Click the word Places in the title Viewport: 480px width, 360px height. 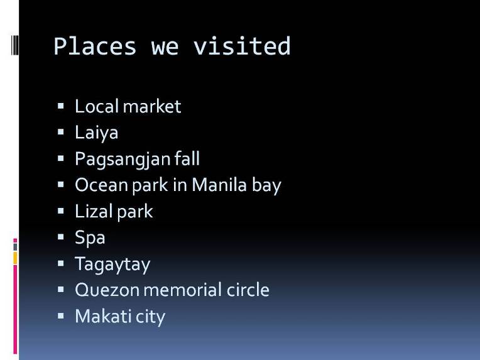pos(95,46)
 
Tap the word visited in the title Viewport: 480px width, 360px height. pos(241,46)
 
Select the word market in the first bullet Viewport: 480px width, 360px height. pos(152,106)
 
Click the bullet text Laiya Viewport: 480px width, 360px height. pos(96,133)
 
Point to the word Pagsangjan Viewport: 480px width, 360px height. pos(122,159)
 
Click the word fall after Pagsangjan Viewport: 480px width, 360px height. pos(187,158)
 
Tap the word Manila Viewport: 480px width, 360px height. pos(219,185)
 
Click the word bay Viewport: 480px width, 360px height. pos(266,185)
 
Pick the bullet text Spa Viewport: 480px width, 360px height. pos(90,238)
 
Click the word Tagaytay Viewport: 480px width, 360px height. pos(112,264)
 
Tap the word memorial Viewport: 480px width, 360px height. pos(183,290)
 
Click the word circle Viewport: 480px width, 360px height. pos(248,290)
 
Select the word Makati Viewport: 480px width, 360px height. pos(103,316)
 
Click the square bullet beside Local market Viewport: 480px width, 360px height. pos(60,106)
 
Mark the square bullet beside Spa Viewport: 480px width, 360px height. pos(60,237)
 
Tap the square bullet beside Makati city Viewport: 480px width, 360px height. pos(60,315)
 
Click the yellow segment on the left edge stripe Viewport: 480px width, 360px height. pos(15,258)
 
